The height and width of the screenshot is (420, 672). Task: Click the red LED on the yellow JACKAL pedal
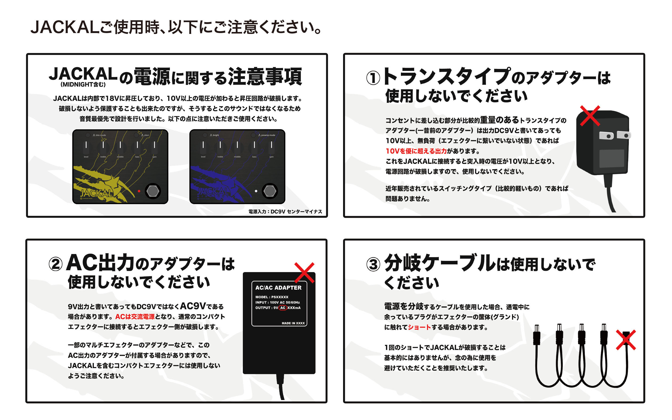pyautogui.click(x=139, y=191)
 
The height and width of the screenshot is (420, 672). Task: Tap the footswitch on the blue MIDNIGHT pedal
pyautogui.click(x=269, y=191)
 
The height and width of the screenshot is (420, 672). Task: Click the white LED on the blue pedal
pyautogui.click(x=256, y=191)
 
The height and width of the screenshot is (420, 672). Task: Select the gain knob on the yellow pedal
pyautogui.click(x=154, y=147)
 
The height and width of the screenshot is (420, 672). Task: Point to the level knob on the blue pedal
pyautogui.click(x=203, y=147)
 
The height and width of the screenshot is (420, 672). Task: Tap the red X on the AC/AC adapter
pyautogui.click(x=304, y=273)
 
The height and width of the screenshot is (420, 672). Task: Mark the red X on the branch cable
pyautogui.click(x=626, y=340)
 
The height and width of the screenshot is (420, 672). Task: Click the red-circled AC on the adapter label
pyautogui.click(x=283, y=308)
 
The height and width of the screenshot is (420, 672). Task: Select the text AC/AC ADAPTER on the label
pyautogui.click(x=278, y=288)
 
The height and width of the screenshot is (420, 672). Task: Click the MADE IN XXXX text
pyautogui.click(x=293, y=323)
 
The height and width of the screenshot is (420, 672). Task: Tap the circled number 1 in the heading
pyautogui.click(x=373, y=78)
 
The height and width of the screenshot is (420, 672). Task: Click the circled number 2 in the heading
pyautogui.click(x=55, y=264)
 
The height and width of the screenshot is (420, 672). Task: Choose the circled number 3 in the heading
pyautogui.click(x=373, y=264)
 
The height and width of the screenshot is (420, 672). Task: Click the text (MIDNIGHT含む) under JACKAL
pyautogui.click(x=83, y=85)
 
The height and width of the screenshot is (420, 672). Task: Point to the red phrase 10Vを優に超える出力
pyautogui.click(x=416, y=151)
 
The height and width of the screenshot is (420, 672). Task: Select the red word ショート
pyautogui.click(x=419, y=327)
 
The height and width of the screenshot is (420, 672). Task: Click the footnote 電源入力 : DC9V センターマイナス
pyautogui.click(x=285, y=212)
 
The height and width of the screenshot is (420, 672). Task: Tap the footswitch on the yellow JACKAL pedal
pyautogui.click(x=152, y=191)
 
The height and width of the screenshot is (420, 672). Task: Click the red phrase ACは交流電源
pyautogui.click(x=135, y=317)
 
